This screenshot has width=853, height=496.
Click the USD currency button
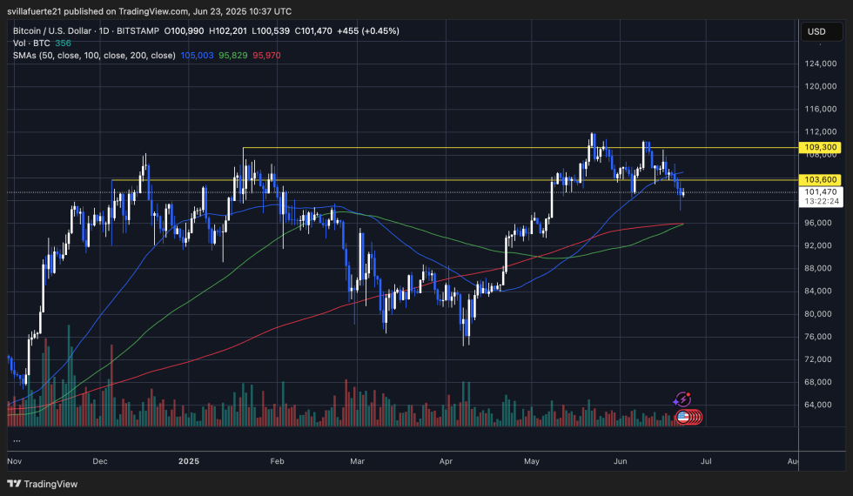(x=816, y=31)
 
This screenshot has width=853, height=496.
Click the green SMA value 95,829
(x=232, y=55)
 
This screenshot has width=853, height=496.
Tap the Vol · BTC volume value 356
(x=64, y=43)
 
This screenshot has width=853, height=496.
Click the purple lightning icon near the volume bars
(x=682, y=399)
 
